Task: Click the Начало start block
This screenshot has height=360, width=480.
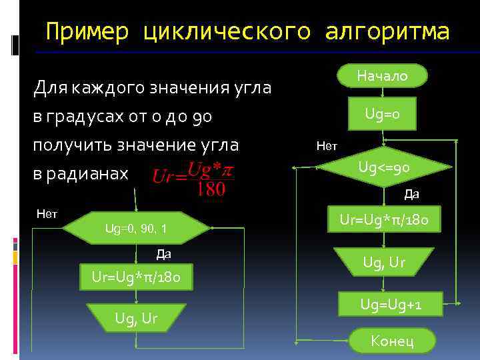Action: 382,77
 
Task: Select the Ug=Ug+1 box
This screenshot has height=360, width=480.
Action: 391,305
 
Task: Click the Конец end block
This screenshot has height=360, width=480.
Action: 392,341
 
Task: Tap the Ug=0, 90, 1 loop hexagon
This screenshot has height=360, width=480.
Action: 136,229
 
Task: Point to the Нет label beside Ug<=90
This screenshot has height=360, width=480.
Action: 327,145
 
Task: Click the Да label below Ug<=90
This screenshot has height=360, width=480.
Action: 411,195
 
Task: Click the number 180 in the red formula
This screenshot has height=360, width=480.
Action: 211,189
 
